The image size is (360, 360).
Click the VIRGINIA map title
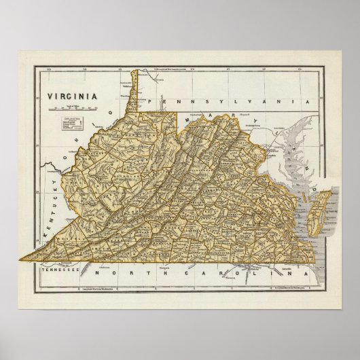(74, 96)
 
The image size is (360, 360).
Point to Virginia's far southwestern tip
(24, 260)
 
